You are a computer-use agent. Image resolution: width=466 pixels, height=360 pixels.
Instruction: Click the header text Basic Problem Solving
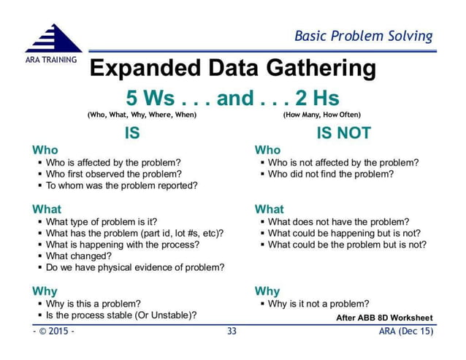(x=363, y=36)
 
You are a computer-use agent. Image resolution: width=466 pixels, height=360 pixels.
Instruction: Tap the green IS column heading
(x=132, y=133)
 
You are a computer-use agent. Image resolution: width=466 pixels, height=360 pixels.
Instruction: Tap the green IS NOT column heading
(x=343, y=133)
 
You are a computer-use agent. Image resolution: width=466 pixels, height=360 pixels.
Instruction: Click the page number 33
(x=232, y=332)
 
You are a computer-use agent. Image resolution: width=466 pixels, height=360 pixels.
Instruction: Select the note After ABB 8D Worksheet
(x=384, y=318)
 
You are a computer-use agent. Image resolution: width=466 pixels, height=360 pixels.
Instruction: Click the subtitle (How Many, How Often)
(x=321, y=115)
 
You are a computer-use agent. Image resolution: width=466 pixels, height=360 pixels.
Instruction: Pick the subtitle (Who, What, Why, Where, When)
(x=142, y=115)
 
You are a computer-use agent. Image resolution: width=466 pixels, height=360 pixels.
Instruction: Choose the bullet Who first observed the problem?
(x=113, y=174)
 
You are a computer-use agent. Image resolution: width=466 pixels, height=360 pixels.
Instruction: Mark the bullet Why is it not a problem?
(x=318, y=304)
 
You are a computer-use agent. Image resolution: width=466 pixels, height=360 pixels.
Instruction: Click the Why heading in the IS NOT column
(x=267, y=291)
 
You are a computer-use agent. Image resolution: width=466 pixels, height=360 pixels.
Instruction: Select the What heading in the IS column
(x=47, y=209)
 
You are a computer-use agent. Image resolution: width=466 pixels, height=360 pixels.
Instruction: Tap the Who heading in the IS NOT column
(x=267, y=150)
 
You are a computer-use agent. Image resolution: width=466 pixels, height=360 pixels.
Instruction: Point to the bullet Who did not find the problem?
(x=330, y=174)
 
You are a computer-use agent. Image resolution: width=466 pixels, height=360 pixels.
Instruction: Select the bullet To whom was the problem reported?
(x=121, y=185)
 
